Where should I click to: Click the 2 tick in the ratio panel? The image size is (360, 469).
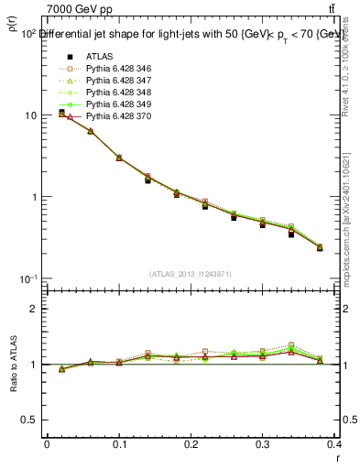click(33, 309)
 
